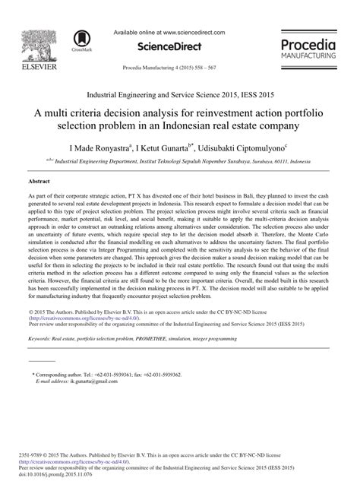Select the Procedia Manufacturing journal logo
[x=312, y=46]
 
